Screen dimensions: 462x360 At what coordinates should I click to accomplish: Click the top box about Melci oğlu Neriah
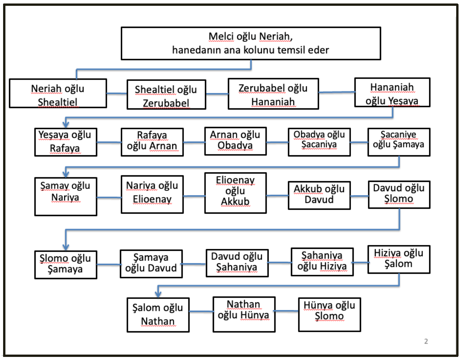[x=251, y=43]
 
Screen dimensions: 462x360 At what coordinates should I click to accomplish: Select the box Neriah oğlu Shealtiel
[x=58, y=93]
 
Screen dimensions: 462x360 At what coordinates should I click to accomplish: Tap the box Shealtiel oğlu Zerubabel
[x=166, y=94]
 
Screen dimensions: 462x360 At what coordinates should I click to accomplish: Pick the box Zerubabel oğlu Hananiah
[x=273, y=94]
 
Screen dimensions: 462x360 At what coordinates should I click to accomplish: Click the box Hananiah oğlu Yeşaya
[x=392, y=92]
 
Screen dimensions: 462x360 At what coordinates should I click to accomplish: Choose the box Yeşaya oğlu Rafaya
[x=65, y=142]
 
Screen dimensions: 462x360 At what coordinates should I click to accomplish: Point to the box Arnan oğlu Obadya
[x=235, y=141]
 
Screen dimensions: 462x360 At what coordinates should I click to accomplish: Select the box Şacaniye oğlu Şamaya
[x=399, y=142]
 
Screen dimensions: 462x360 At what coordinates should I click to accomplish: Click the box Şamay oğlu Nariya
[x=65, y=196]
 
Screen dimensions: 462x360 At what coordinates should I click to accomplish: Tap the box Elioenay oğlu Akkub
[x=235, y=193]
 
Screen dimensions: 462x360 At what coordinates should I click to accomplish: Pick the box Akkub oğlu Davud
[x=319, y=195]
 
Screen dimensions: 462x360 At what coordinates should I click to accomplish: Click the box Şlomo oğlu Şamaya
[x=65, y=264]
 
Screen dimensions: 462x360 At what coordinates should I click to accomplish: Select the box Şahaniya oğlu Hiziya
[x=322, y=262]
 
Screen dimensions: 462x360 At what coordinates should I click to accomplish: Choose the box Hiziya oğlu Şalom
[x=399, y=259]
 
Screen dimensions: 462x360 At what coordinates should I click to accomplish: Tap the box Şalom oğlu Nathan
[x=158, y=315]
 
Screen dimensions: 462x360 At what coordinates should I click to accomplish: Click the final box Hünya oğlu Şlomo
[x=329, y=314]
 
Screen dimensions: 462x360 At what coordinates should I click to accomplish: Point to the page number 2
[x=426, y=341]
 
